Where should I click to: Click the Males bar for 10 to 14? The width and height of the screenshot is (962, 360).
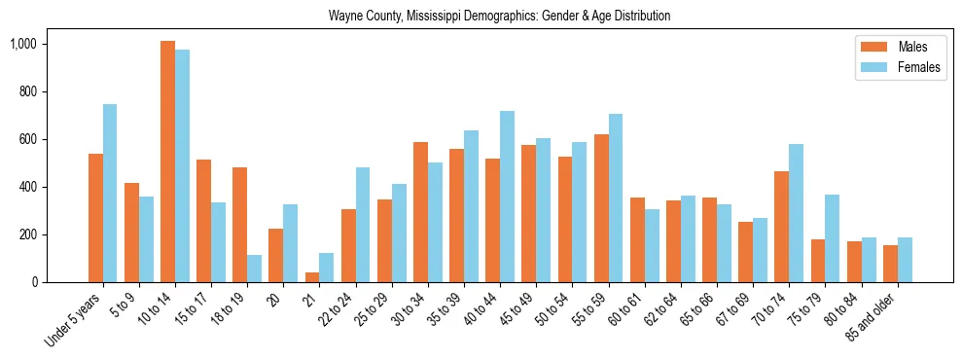point(167,162)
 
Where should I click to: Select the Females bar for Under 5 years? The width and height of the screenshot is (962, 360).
point(110,193)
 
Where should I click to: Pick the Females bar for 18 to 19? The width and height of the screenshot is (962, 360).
point(254,269)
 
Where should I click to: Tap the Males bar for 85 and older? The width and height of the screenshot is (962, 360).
point(890,264)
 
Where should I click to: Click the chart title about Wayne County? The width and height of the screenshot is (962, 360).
point(499,16)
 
